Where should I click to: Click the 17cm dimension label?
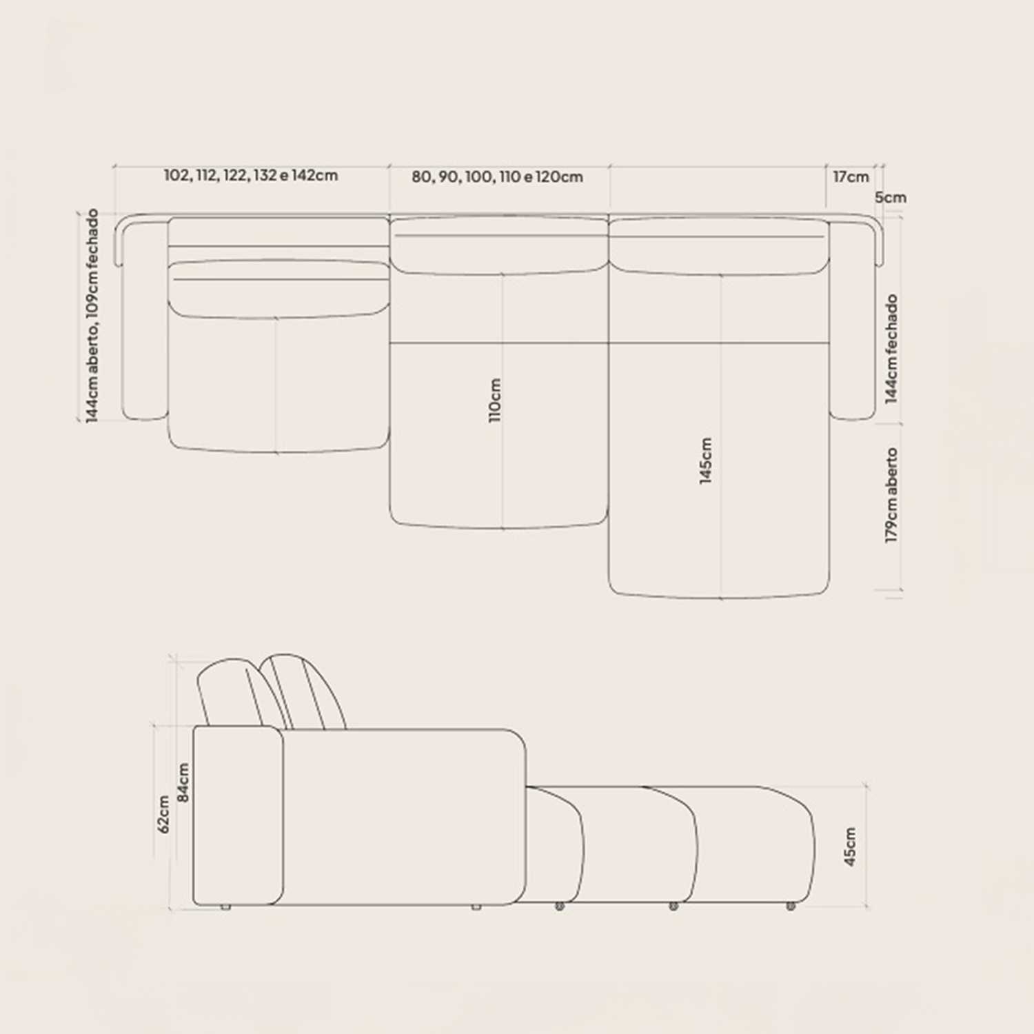[851, 177]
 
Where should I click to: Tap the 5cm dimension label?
[891, 198]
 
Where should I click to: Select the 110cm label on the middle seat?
[495, 400]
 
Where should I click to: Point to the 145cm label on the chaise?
[706, 460]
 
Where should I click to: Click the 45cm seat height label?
[850, 847]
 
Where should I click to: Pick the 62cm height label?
[163, 814]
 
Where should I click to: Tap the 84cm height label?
[183, 782]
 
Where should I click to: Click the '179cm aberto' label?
[891, 495]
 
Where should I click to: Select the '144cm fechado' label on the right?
[891, 349]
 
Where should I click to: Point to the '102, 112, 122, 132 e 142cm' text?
[251, 175]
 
